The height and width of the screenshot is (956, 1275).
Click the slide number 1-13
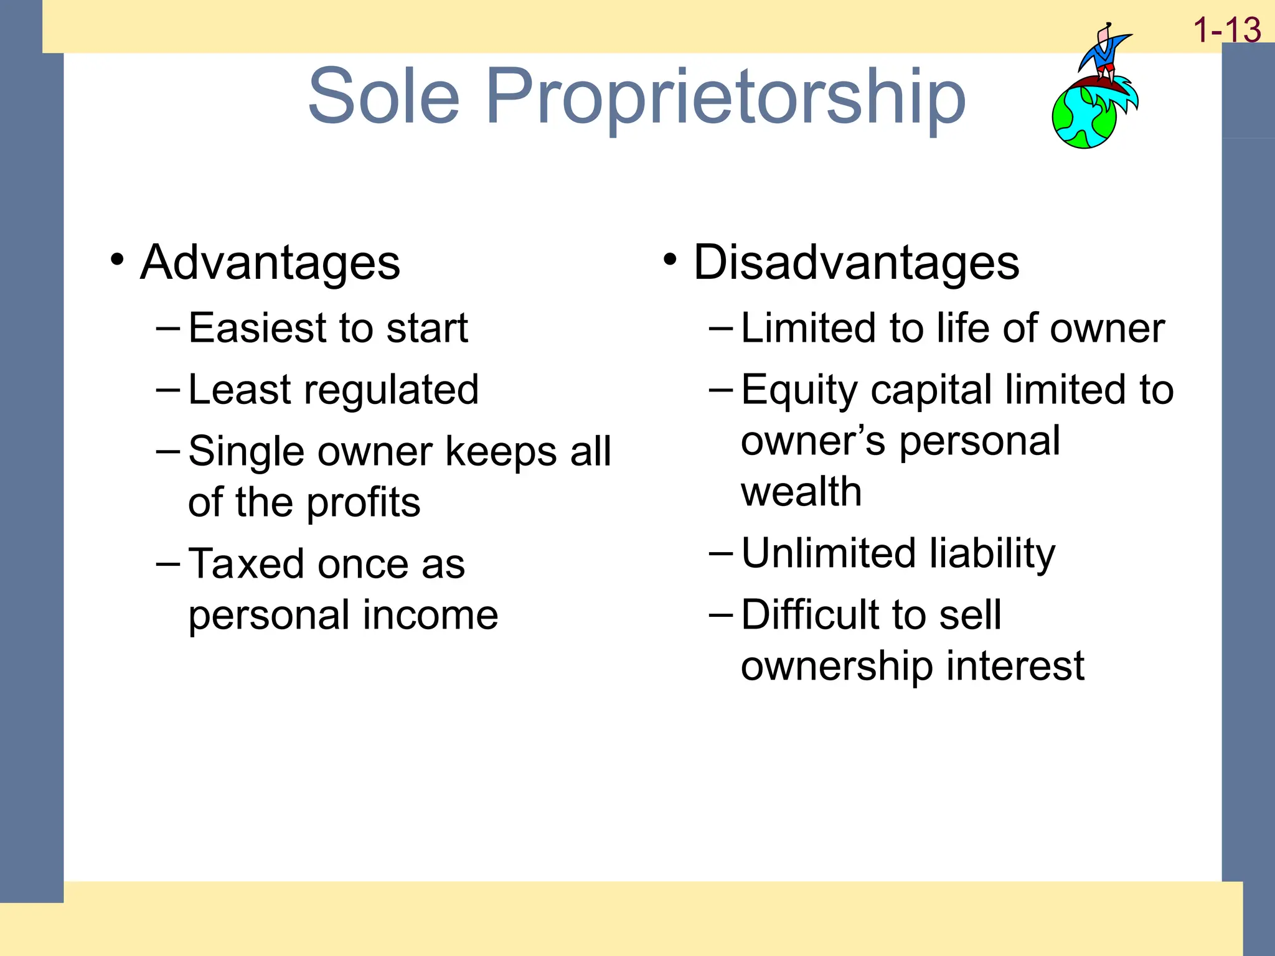click(x=1226, y=30)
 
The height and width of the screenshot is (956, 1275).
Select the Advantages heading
click(x=270, y=263)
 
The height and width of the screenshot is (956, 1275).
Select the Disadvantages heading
click(x=856, y=263)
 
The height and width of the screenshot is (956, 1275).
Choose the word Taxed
click(x=246, y=564)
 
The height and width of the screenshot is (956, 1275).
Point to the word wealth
click(x=801, y=492)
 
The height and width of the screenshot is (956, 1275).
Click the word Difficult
click(x=809, y=615)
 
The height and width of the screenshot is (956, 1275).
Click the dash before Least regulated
click(x=168, y=390)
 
